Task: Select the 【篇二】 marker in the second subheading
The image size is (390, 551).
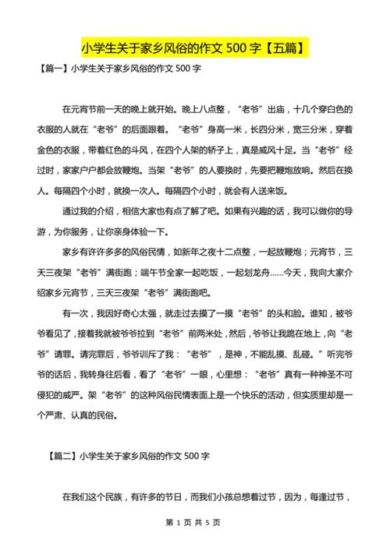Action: pos(60,454)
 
